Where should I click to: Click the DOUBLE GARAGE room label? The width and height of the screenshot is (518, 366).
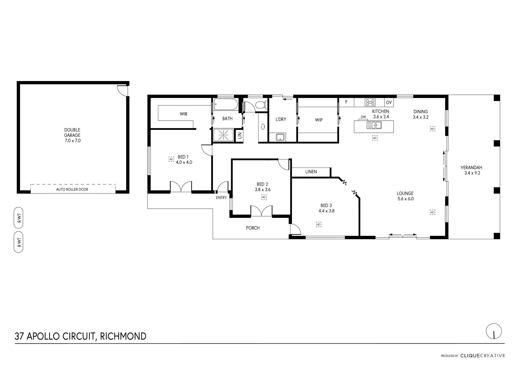click(73, 135)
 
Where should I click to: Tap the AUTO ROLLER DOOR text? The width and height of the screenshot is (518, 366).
click(72, 189)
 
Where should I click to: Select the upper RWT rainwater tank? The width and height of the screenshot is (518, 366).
click(19, 217)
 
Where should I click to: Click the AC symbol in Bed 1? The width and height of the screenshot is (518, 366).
click(171, 159)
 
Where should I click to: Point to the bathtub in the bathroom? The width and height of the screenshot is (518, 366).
click(226, 105)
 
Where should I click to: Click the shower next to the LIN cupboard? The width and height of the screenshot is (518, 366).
click(223, 135)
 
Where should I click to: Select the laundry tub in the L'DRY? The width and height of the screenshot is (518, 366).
click(280, 137)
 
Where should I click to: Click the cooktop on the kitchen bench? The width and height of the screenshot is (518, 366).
click(370, 102)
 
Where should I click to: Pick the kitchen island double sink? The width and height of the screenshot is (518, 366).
click(374, 125)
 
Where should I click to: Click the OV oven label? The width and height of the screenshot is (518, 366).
click(388, 102)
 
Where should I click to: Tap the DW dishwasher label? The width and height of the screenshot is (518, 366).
click(363, 117)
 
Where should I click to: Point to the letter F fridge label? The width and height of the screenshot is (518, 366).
click(346, 102)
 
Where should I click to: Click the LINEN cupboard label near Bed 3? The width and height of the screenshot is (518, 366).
click(311, 172)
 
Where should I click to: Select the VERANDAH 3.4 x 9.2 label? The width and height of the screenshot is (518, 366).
click(471, 170)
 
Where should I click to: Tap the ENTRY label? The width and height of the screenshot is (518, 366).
click(221, 198)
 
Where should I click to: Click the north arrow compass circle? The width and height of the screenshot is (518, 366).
click(494, 331)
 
